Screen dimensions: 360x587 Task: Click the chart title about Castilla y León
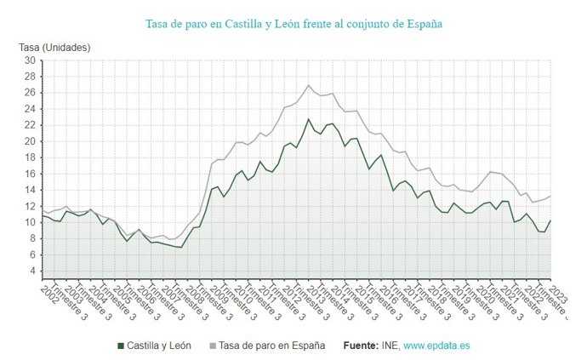click(x=293, y=24)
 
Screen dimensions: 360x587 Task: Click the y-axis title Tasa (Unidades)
click(x=54, y=47)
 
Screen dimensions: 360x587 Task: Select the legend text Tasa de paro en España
click(x=271, y=346)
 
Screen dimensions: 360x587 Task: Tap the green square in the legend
click(x=120, y=346)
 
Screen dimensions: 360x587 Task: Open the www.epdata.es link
click(x=437, y=346)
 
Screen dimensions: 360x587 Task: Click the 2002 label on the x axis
click(x=48, y=294)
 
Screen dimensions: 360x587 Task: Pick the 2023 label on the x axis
click(x=558, y=294)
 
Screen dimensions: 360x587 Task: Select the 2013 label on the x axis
click(x=316, y=294)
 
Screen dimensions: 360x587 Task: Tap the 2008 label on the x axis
click(x=194, y=294)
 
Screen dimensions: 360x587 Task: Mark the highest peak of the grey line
click(x=309, y=85)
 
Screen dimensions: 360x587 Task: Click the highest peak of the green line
click(x=309, y=119)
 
